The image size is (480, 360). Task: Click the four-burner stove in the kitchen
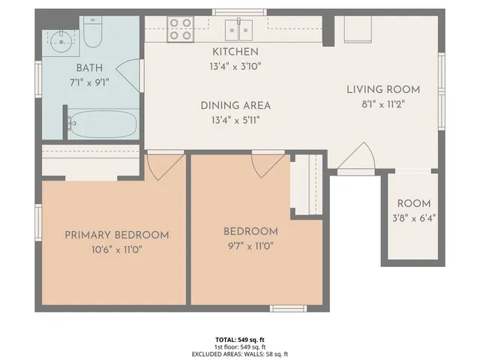(x=181, y=28)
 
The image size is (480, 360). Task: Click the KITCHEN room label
(x=235, y=52)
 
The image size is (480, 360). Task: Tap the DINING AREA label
(x=235, y=106)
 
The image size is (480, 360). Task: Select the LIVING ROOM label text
(x=382, y=89)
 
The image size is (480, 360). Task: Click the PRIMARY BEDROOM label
(x=116, y=235)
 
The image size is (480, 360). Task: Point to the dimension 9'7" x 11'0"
(x=251, y=246)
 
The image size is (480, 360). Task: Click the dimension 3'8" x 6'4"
(x=413, y=218)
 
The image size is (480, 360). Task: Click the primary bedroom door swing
(x=163, y=165)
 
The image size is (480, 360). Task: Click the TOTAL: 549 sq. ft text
(x=240, y=340)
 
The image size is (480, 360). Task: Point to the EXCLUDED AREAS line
(x=240, y=354)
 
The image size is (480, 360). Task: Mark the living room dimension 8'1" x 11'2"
(x=382, y=104)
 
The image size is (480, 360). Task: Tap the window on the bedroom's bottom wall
(x=288, y=307)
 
